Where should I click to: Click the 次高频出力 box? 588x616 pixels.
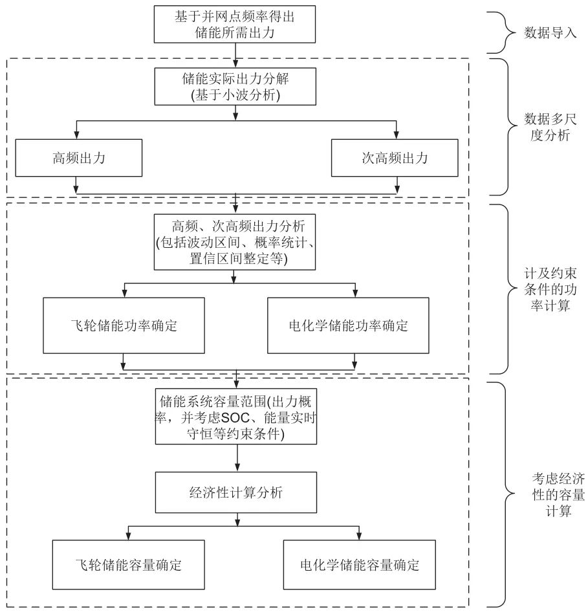tap(395, 157)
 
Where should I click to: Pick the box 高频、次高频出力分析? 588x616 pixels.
tap(235, 243)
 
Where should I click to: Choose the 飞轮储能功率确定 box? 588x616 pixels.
tap(123, 325)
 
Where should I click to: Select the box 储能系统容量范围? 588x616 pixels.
tap(236, 415)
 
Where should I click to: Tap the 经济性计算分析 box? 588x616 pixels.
tap(235, 492)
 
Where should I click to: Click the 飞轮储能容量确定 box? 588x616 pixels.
tap(128, 564)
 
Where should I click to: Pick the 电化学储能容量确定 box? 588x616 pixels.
tap(359, 564)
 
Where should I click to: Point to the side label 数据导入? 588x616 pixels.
tap(550, 32)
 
